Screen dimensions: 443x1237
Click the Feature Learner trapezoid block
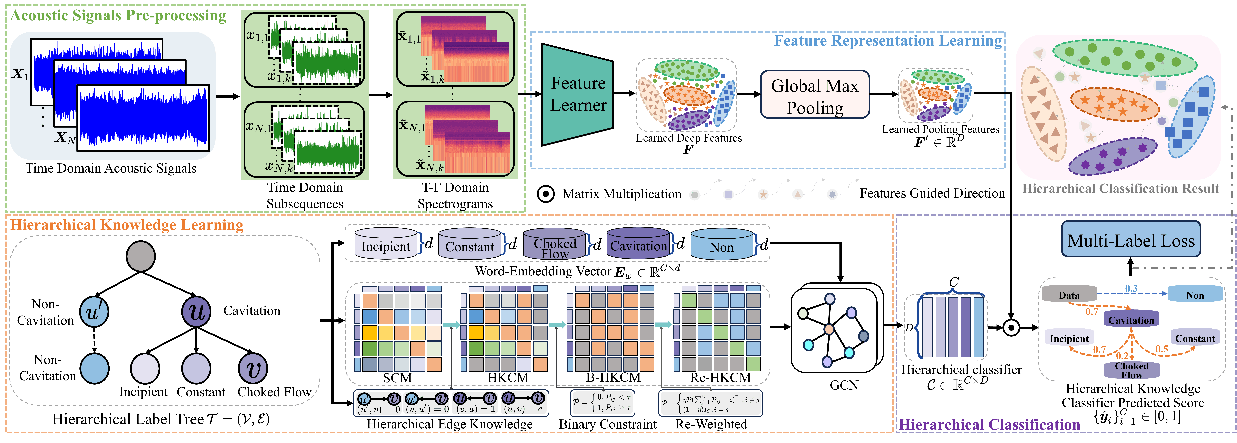(577, 95)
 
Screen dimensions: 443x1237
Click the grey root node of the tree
(141, 256)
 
